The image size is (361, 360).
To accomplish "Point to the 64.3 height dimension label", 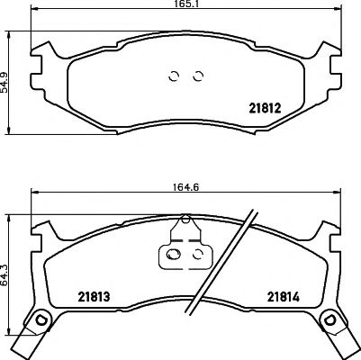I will coord(6,270).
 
